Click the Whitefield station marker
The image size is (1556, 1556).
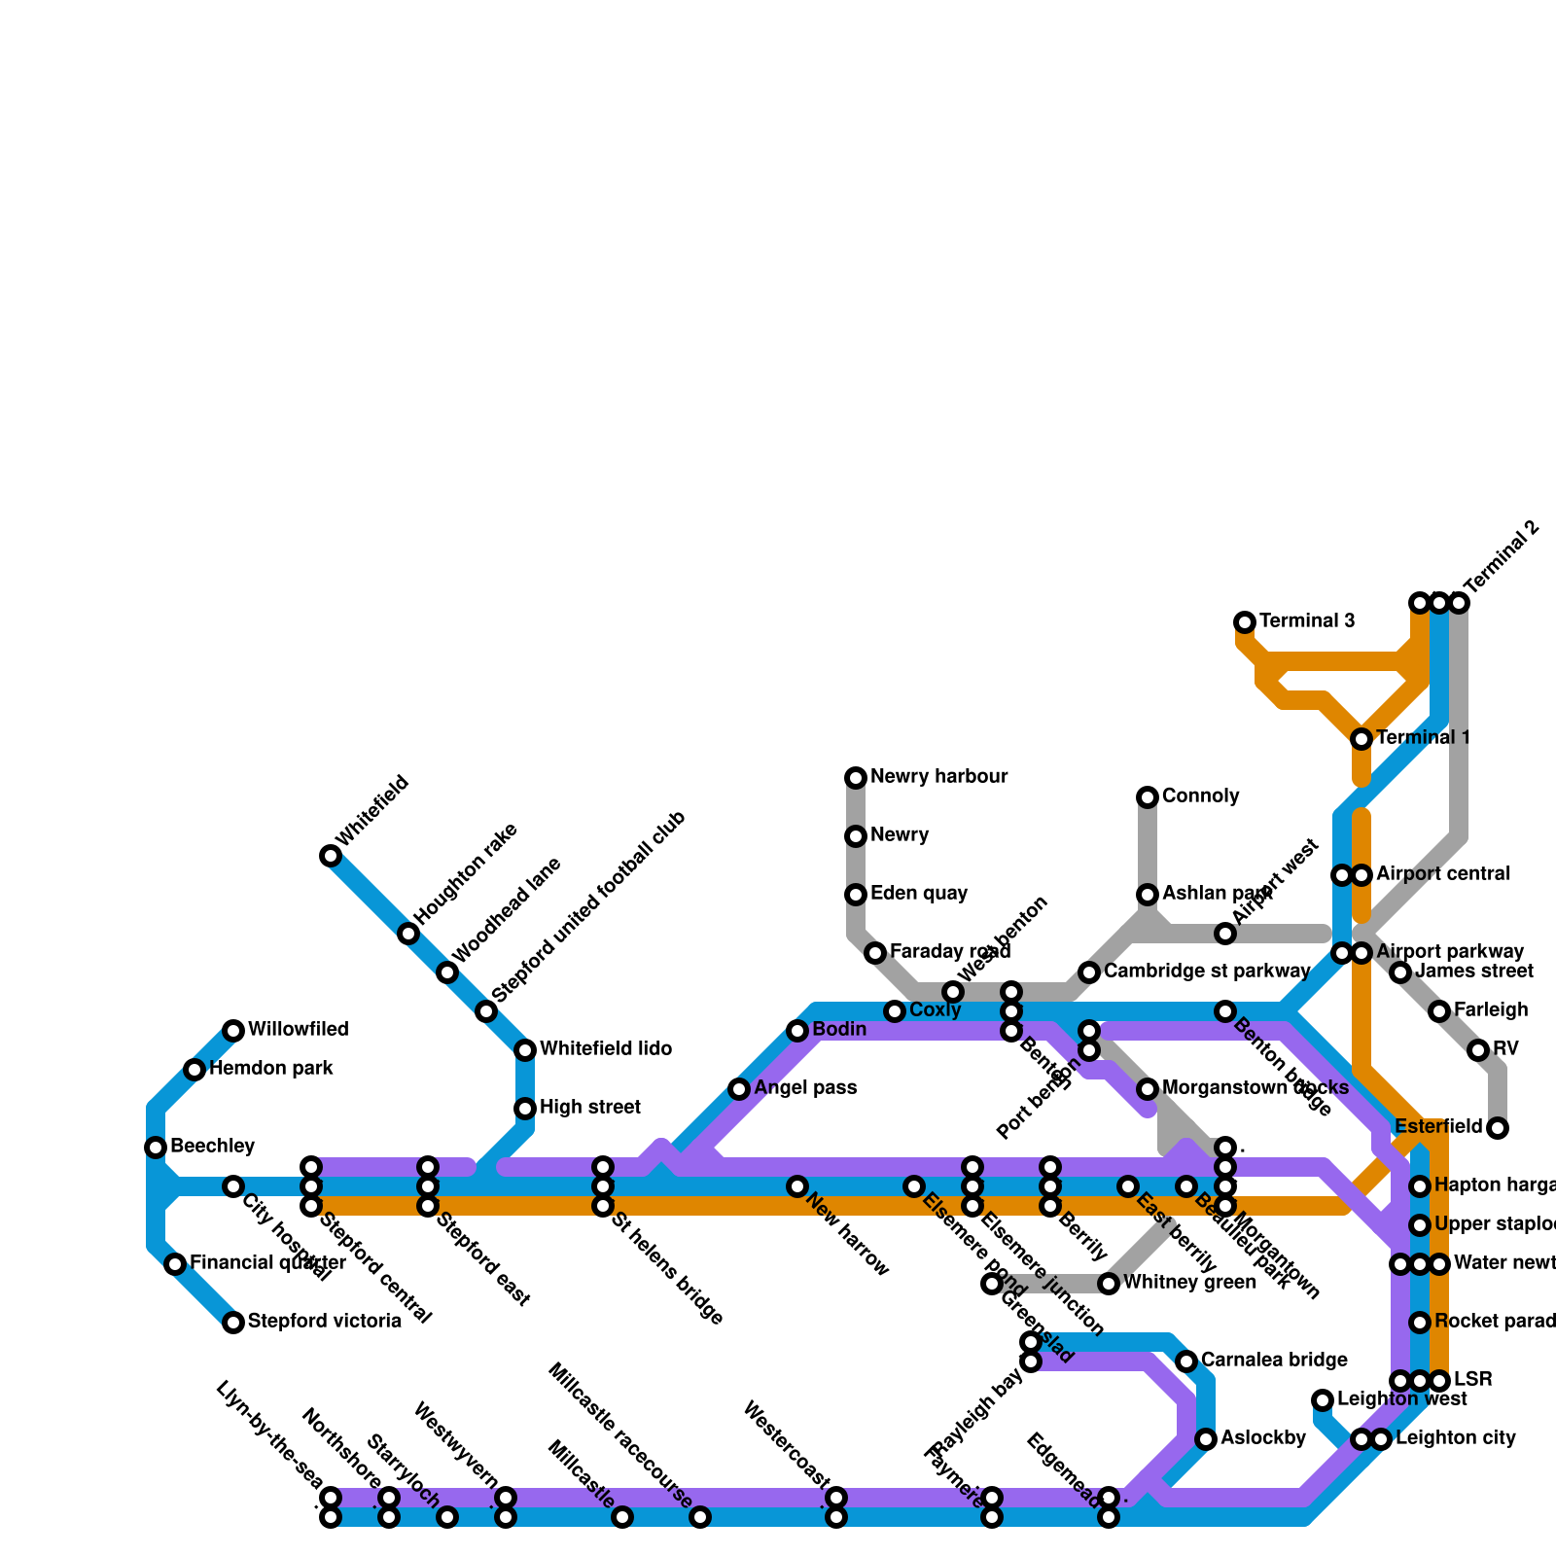point(331,856)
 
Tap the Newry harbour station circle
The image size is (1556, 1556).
point(856,778)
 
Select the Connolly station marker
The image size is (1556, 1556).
point(1148,797)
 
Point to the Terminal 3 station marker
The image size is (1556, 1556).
point(1245,622)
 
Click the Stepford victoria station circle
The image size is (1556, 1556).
point(233,1323)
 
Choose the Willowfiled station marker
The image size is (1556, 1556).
point(233,1031)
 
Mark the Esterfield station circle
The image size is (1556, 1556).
point(1498,1128)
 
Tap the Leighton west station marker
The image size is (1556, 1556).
point(1323,1400)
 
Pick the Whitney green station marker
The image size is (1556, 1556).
point(1109,1284)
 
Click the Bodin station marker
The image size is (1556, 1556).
point(797,1031)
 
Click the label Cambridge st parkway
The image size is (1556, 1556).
point(1207,972)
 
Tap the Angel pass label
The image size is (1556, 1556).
point(805,1088)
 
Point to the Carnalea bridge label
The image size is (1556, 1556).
point(1274,1361)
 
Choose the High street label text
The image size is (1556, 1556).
point(589,1108)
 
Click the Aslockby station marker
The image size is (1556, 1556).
point(1206,1439)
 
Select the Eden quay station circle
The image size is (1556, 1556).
point(856,895)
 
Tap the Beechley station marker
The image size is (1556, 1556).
point(156,1148)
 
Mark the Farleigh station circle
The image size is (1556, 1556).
point(1439,1011)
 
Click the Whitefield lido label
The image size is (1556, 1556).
point(606,1049)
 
